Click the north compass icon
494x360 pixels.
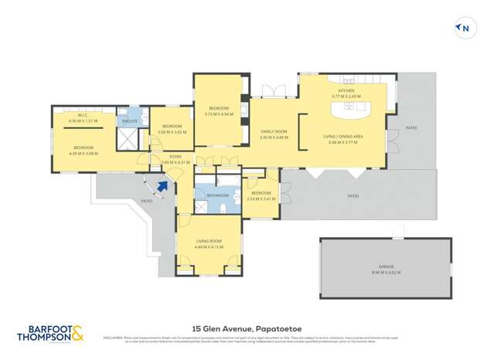(464, 29)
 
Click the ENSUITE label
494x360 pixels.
(129, 121)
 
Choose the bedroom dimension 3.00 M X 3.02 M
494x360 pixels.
(171, 132)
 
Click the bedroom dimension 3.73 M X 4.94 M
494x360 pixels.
(219, 114)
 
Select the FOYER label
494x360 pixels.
(175, 157)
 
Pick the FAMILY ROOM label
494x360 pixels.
(274, 131)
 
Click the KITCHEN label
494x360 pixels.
(345, 90)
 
